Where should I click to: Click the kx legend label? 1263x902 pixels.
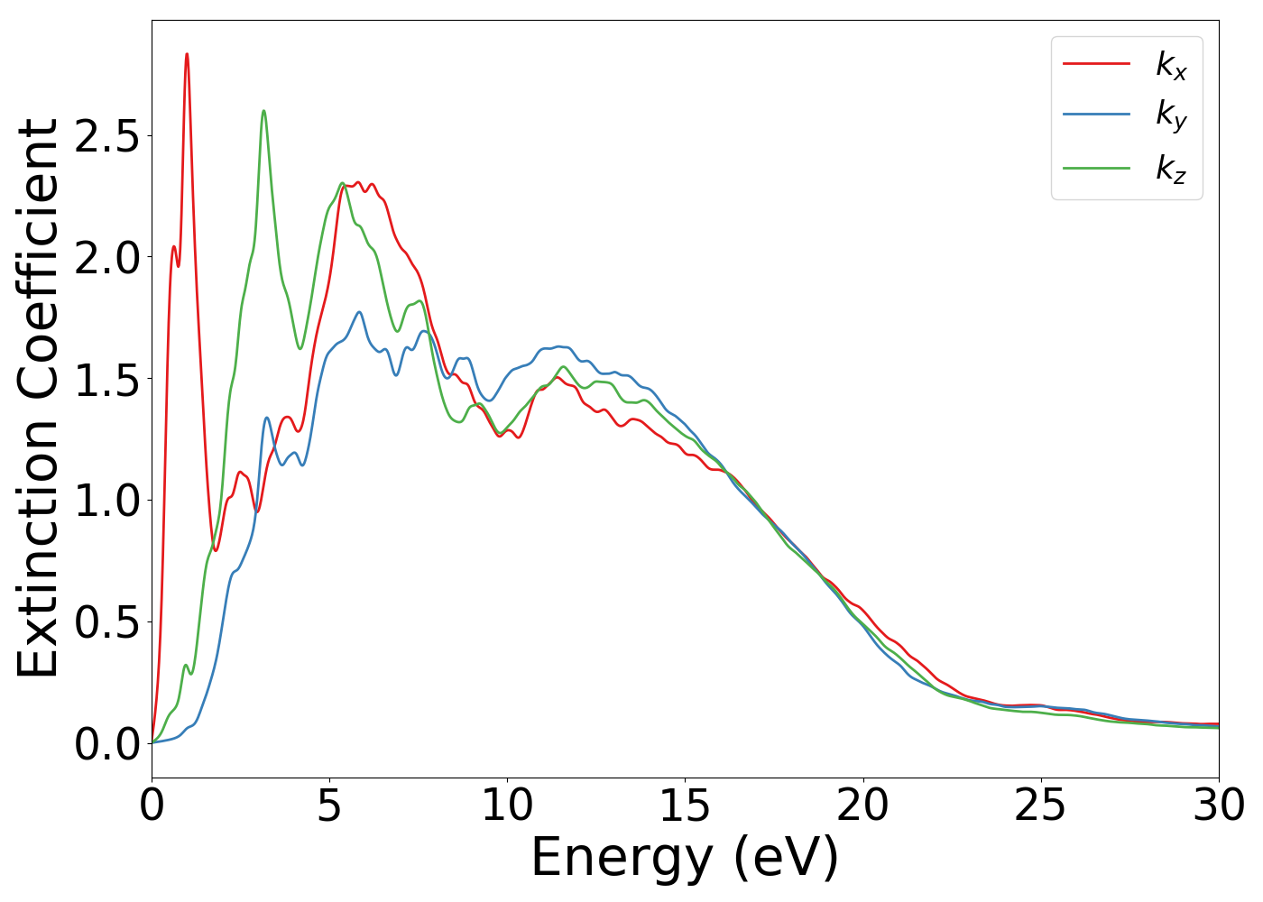[x=1171, y=65]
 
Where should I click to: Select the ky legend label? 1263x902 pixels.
[x=1171, y=115]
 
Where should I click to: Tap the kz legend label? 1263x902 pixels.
[x=1171, y=168]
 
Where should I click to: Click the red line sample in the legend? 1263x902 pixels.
[x=1096, y=63]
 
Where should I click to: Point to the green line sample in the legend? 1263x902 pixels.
[x=1096, y=167]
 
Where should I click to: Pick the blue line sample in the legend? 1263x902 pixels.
[x=1096, y=115]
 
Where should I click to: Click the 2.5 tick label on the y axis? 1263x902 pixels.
[x=107, y=136]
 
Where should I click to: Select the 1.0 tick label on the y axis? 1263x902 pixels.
[x=107, y=501]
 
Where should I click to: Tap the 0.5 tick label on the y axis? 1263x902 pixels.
[x=107, y=622]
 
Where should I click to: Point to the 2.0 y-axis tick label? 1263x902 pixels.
[x=107, y=258]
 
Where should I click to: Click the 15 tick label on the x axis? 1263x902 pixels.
[x=685, y=805]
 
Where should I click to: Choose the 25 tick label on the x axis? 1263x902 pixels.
[x=1040, y=805]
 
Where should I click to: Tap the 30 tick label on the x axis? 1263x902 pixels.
[x=1218, y=805]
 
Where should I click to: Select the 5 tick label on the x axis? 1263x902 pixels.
[x=329, y=805]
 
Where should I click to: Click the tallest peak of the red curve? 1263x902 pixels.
[x=187, y=54]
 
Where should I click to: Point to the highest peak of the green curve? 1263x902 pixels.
[x=263, y=111]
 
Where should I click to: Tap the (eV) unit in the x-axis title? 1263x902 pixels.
[x=787, y=858]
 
